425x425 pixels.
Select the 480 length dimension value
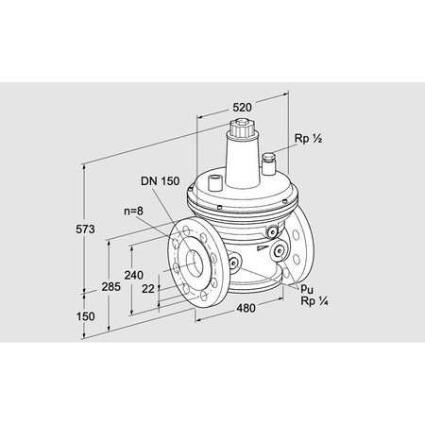point(244,307)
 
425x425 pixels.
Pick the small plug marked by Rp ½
point(267,158)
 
